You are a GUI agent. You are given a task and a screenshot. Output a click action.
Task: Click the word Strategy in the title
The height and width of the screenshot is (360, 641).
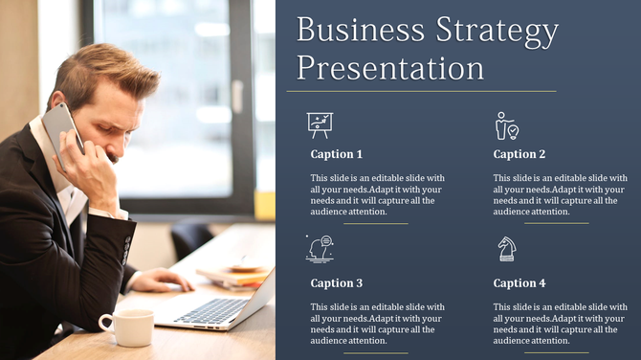click(497, 33)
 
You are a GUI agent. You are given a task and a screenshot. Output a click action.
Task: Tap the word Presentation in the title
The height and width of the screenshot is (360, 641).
click(390, 68)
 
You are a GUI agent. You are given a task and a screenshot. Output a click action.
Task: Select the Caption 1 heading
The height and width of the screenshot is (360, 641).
click(337, 154)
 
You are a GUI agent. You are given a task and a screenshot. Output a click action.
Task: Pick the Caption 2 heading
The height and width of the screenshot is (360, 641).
click(519, 154)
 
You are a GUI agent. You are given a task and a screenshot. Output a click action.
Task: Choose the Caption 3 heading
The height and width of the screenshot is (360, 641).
click(337, 283)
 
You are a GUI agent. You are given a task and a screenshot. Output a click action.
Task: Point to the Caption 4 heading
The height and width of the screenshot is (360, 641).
click(519, 283)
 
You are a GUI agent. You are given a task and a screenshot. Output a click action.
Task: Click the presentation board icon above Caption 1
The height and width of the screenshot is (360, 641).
click(320, 124)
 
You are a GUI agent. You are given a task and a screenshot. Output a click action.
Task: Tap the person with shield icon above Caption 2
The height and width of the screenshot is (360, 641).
click(505, 125)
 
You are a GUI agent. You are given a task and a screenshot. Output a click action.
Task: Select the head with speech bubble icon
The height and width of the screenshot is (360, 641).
click(320, 248)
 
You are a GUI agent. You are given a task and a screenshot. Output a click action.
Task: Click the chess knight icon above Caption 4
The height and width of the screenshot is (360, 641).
click(506, 249)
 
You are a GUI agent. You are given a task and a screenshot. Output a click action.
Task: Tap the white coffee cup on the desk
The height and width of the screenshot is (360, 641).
click(128, 327)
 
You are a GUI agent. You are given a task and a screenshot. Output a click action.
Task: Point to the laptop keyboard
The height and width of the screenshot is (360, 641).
click(210, 310)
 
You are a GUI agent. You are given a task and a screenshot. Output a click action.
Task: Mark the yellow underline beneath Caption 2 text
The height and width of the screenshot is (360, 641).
click(557, 223)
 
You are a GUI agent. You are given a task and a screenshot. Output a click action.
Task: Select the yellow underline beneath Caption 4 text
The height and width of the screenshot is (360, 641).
click(557, 352)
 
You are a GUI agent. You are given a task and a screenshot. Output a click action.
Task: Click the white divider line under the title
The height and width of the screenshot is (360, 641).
click(426, 91)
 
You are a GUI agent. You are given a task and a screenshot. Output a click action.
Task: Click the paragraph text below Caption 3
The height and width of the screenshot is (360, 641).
click(377, 324)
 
